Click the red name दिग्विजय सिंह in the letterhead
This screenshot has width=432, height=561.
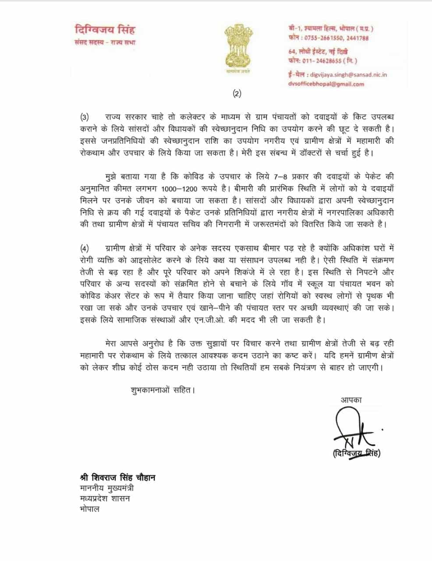(105, 30)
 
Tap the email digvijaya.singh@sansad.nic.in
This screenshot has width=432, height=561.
(347, 75)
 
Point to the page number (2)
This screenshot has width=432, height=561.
(237, 93)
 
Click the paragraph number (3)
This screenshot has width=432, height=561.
(85, 117)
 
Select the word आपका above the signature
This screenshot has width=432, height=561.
(351, 399)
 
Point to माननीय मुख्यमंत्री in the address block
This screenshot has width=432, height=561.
(107, 488)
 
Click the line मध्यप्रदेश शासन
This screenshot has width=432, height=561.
(105, 499)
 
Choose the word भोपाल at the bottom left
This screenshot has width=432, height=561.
(90, 509)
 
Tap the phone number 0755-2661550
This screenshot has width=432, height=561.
(319, 38)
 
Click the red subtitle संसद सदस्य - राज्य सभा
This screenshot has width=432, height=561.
(105, 43)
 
